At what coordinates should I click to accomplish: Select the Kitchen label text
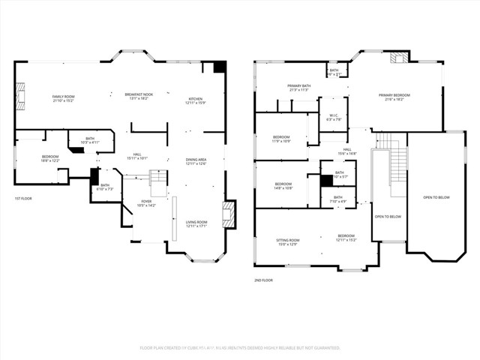tap(195, 100)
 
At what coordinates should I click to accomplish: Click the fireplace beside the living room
tap(229, 211)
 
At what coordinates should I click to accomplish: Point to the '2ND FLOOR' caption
tap(264, 280)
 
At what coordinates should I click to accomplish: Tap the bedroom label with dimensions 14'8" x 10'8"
tap(283, 186)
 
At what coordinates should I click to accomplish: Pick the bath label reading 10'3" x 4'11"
tap(90, 140)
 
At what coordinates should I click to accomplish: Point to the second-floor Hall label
tap(347, 151)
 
